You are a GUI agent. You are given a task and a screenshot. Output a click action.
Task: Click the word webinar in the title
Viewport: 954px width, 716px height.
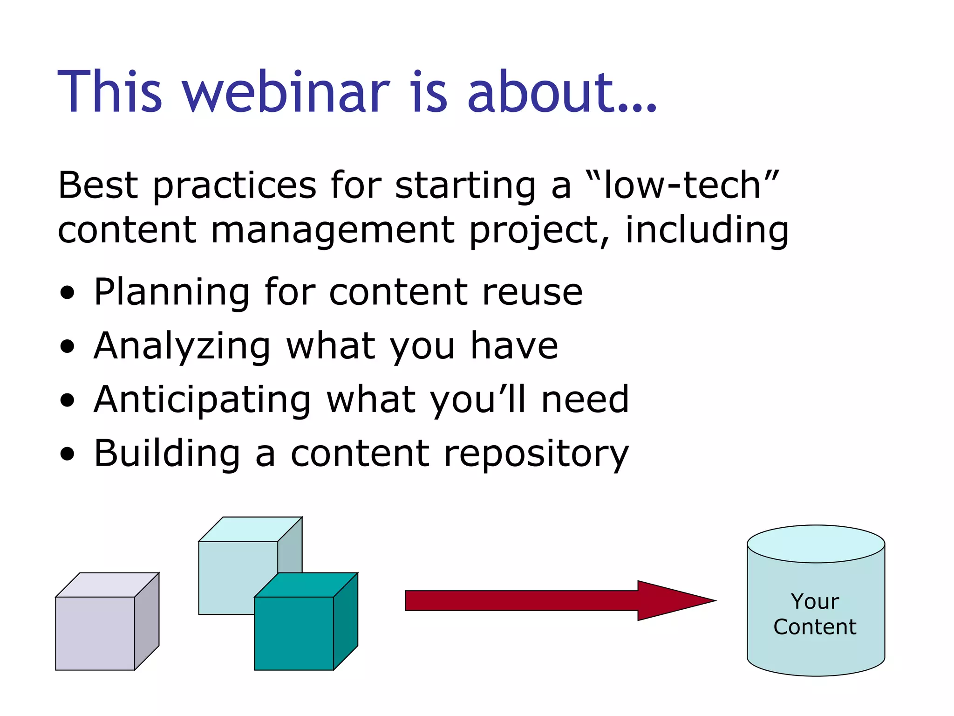coord(286,92)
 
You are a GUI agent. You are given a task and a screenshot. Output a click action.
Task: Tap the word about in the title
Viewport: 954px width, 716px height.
coord(540,92)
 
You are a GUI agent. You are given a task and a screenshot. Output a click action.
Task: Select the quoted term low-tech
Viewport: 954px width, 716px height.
coord(682,186)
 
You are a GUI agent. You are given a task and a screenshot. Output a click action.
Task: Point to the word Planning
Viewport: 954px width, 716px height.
coord(171,293)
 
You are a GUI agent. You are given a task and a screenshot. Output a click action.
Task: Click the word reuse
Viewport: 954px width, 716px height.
coord(532,293)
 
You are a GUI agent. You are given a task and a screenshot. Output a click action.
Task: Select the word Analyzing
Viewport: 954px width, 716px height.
coord(182,347)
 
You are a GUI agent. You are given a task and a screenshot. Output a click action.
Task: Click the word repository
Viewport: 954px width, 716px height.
coord(536,454)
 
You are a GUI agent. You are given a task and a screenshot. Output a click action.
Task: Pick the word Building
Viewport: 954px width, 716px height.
coord(167,454)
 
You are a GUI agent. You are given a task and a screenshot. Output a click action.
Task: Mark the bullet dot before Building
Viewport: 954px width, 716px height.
coord(68,454)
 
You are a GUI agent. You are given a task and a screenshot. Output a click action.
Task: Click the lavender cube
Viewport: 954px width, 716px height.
coord(95,633)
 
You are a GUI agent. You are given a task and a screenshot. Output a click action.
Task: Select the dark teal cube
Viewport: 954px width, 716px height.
coord(293,633)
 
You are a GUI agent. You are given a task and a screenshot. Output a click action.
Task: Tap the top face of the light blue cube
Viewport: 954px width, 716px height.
coord(250,529)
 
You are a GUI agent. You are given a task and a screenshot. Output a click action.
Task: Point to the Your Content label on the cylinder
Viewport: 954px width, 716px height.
coord(815,614)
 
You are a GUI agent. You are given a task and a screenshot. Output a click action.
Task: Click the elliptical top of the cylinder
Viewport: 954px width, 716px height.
coord(816,544)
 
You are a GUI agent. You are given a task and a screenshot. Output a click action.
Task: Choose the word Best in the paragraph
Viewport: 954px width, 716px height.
coord(97,186)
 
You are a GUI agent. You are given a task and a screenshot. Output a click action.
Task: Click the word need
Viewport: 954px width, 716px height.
coord(585,400)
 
